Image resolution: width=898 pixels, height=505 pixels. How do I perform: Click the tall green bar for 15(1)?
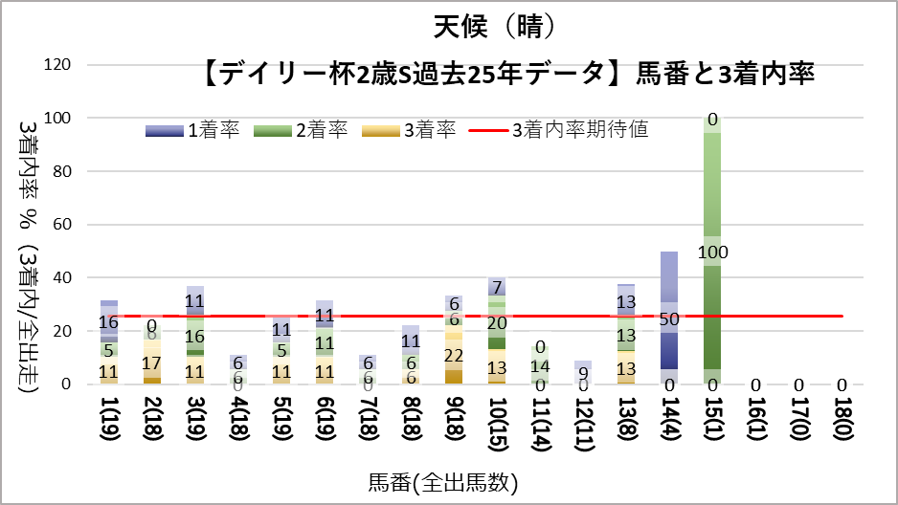pos(712,191)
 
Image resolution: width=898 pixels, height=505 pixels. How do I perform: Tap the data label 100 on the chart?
pos(712,252)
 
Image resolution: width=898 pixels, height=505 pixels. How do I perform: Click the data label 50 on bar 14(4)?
pos(669,318)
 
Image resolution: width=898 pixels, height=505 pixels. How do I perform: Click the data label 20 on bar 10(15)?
pos(497,323)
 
